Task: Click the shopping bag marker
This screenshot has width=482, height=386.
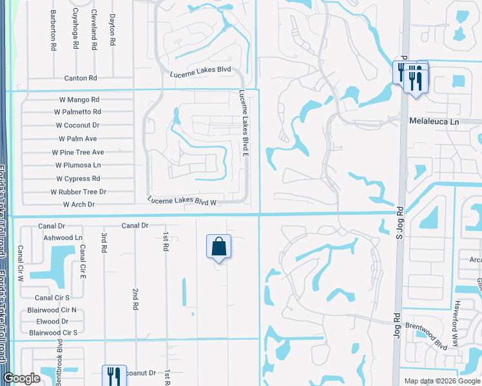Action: click(219, 246)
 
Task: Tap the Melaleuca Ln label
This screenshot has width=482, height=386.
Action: click(434, 121)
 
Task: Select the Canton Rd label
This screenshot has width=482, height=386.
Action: click(80, 78)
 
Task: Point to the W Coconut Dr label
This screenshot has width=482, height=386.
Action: click(77, 125)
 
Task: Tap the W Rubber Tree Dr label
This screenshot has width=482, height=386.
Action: click(79, 192)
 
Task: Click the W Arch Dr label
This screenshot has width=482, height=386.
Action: click(79, 205)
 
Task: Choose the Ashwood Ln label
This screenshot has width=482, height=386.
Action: click(63, 237)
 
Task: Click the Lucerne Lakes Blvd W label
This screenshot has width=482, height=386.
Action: click(180, 201)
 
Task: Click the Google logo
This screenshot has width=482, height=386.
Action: click(21, 378)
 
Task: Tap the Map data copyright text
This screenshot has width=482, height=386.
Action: click(442, 381)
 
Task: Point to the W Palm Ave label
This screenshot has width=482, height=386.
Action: click(77, 139)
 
